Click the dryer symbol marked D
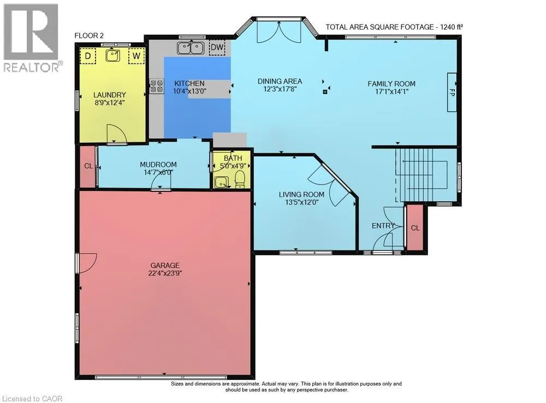click(88, 56)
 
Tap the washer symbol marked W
click(136, 56)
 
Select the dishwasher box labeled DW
click(217, 48)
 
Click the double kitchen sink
click(191, 48)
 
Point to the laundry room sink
click(113, 55)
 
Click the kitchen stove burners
click(157, 86)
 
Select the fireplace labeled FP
click(452, 92)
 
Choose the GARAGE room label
click(165, 265)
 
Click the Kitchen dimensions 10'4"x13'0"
click(190, 91)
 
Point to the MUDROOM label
click(158, 165)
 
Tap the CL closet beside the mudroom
click(88, 166)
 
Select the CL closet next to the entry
click(415, 228)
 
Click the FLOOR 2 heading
click(89, 36)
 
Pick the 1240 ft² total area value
click(452, 27)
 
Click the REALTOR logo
click(32, 38)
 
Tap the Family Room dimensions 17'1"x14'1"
click(391, 92)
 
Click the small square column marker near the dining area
click(325, 92)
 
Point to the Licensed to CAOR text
click(32, 399)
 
